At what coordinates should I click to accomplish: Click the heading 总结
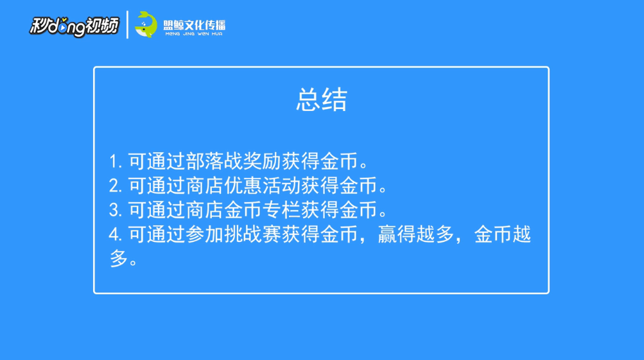point(322,100)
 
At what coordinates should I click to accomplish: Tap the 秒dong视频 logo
point(74,25)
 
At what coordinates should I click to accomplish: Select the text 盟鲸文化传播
point(195,23)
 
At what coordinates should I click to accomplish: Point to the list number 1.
point(113,160)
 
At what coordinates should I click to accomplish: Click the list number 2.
point(114,186)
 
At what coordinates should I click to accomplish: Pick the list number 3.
point(114,210)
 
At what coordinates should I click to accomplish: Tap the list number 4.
point(114,236)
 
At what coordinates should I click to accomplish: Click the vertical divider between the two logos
point(127,24)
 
